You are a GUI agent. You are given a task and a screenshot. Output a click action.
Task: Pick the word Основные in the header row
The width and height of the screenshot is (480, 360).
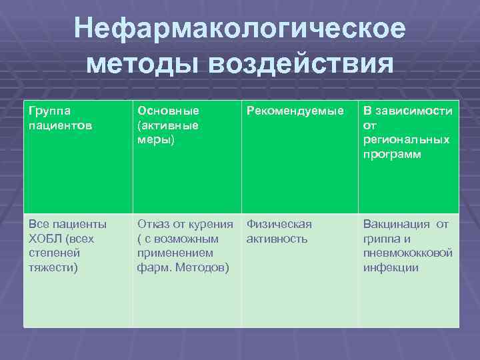168,110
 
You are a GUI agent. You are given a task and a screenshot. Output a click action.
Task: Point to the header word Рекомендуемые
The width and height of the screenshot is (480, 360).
296,110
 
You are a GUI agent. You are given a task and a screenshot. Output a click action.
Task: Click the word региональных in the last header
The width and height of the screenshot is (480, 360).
406,139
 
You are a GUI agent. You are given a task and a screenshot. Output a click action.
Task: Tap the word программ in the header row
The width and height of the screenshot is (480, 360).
392,154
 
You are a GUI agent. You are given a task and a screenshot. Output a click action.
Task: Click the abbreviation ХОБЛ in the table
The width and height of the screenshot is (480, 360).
45,239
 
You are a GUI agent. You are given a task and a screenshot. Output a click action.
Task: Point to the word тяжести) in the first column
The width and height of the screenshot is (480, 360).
53,268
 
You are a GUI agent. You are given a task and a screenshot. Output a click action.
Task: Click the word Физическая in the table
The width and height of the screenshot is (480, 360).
279,224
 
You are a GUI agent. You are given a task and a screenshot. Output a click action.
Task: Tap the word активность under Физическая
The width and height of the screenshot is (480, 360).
277,239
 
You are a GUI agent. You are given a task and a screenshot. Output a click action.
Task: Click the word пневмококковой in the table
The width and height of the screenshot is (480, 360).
408,253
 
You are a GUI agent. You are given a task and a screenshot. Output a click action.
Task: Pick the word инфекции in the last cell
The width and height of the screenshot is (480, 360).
391,268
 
